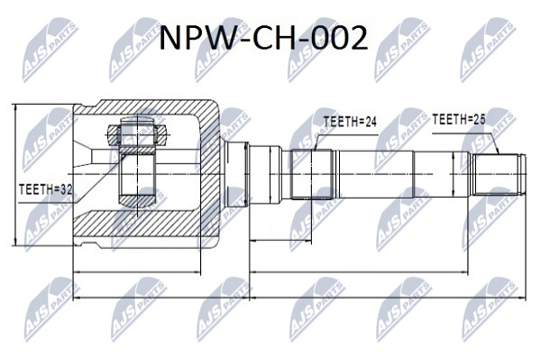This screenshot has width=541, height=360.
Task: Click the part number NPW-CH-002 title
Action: (x=263, y=38)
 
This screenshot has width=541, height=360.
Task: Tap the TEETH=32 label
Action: (x=46, y=189)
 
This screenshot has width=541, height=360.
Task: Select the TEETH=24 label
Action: (x=350, y=122)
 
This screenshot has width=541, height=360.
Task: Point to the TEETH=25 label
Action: (x=459, y=119)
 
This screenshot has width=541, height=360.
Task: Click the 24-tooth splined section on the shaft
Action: (x=312, y=174)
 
